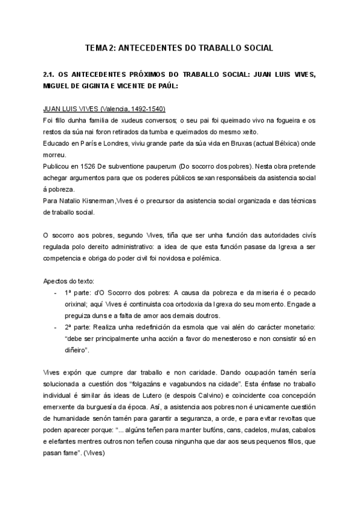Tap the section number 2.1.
[50, 74]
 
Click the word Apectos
[56, 281]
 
